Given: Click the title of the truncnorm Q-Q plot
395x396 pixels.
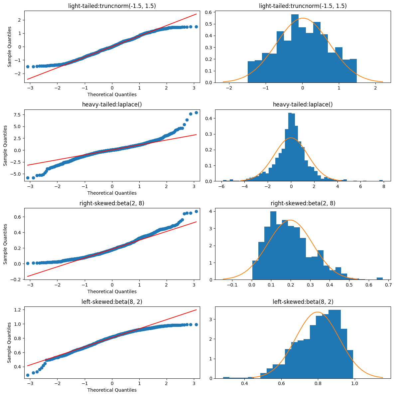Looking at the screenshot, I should pos(112,6).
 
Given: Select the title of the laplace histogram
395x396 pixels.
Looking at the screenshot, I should pos(303,104).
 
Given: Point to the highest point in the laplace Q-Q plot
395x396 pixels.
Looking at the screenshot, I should pos(196,112).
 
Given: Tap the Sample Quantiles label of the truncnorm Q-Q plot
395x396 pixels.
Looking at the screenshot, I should pos(10,47).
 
